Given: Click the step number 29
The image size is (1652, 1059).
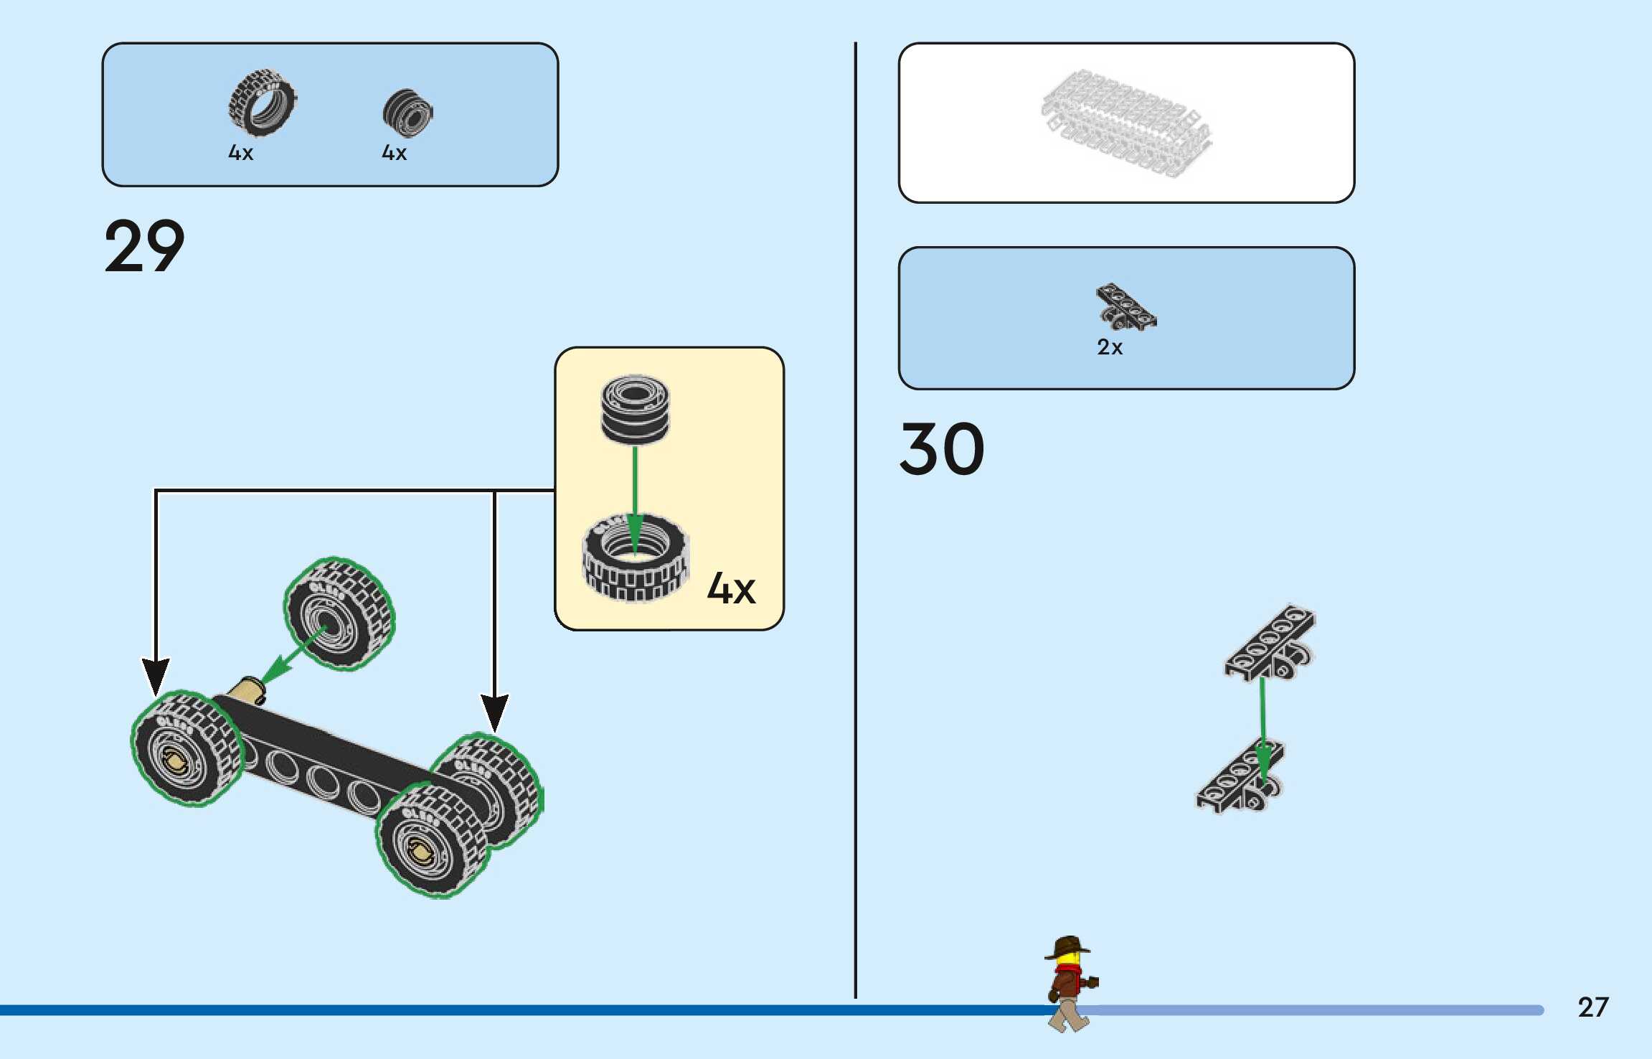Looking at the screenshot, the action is pyautogui.click(x=144, y=246).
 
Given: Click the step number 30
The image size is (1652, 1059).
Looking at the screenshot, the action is pyautogui.click(x=942, y=449).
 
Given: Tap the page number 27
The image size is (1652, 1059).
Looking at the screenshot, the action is pyautogui.click(x=1593, y=1007).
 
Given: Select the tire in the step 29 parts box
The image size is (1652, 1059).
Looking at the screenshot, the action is pyautogui.click(x=262, y=103).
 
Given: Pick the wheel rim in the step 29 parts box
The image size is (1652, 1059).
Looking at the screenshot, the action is pyautogui.click(x=407, y=113).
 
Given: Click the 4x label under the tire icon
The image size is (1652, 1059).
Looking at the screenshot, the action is pyautogui.click(x=240, y=153).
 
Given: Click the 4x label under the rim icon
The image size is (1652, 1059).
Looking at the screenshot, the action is pyautogui.click(x=394, y=153).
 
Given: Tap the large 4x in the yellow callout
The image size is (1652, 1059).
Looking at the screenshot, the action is pyautogui.click(x=731, y=588).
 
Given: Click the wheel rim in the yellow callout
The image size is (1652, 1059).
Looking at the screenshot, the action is pyautogui.click(x=635, y=409).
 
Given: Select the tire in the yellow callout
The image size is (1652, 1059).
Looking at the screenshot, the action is pyautogui.click(x=635, y=558).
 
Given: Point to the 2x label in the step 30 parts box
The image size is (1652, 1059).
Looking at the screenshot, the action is pyautogui.click(x=1109, y=347).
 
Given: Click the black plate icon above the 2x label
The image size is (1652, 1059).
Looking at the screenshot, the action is pyautogui.click(x=1125, y=306).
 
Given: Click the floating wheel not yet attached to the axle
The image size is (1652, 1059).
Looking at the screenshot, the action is pyautogui.click(x=340, y=614).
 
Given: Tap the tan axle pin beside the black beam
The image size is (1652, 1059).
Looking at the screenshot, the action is pyautogui.click(x=247, y=690).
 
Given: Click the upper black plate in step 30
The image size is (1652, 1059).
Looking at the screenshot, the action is pyautogui.click(x=1270, y=642).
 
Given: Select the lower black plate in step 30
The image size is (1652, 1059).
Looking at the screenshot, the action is pyautogui.click(x=1240, y=777).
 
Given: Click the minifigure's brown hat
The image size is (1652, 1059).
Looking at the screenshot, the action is pyautogui.click(x=1068, y=946).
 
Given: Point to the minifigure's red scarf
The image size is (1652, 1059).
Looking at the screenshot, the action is pyautogui.click(x=1068, y=972).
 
